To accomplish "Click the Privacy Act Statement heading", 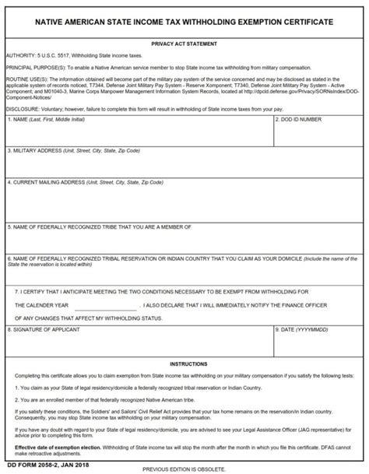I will click(x=184, y=44).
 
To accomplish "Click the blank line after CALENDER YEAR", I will click(x=107, y=306).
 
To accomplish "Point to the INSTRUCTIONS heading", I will click(x=184, y=363).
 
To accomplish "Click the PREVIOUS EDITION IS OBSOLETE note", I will click(x=184, y=469).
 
